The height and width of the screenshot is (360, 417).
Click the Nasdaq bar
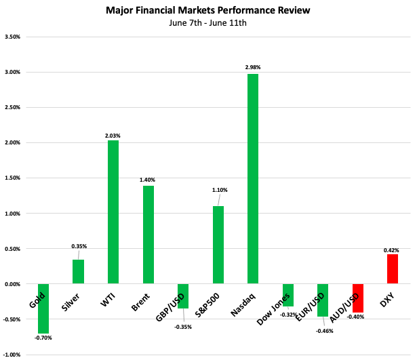point(253,179)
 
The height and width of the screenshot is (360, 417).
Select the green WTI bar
point(113,212)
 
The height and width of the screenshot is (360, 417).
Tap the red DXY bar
point(393,269)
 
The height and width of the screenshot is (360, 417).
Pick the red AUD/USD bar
point(358,298)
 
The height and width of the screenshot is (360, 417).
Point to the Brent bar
point(148,235)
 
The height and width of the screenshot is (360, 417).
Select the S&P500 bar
point(218,245)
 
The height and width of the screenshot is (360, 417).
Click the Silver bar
point(78,272)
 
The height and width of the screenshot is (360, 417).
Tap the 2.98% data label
point(253,67)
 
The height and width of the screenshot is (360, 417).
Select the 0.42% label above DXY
point(393,250)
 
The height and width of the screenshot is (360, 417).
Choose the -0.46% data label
point(325,330)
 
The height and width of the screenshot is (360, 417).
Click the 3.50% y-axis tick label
point(13,37)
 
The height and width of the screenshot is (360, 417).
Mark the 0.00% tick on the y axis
point(13,284)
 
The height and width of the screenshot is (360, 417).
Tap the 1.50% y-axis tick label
point(13,178)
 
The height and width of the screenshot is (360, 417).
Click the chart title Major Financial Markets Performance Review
point(208,11)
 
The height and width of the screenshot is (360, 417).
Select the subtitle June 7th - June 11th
point(208,24)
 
